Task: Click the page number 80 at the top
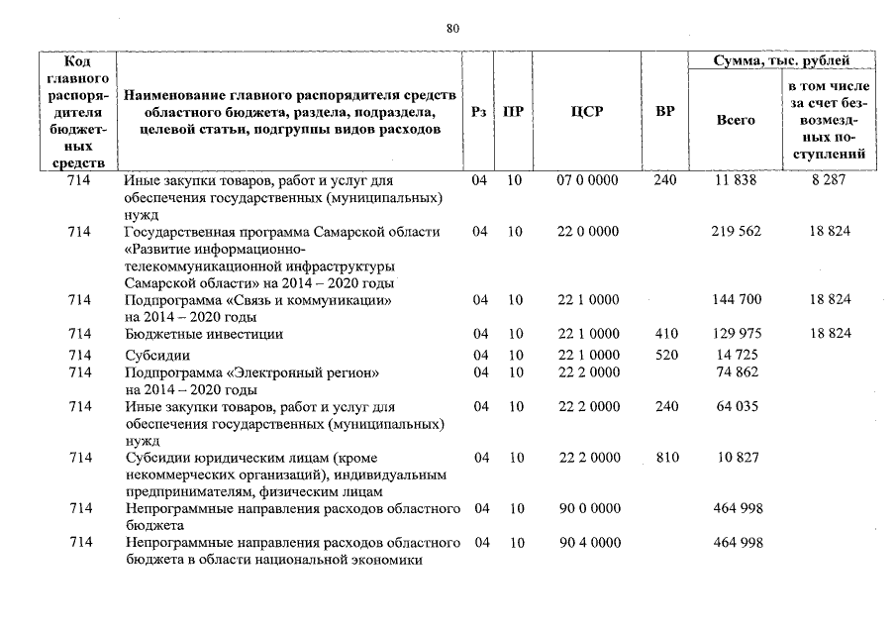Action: (x=452, y=29)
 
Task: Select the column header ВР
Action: (x=665, y=112)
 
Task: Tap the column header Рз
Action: (x=479, y=112)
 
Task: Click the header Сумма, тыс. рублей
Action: (x=782, y=61)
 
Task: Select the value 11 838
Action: (x=734, y=181)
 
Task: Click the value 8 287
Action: (x=830, y=181)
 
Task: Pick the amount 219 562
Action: (x=736, y=232)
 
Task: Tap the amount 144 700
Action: (x=736, y=299)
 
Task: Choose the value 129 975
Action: (x=736, y=334)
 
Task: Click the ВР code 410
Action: (x=665, y=334)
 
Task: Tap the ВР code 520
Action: (x=665, y=355)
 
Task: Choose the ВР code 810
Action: (x=665, y=458)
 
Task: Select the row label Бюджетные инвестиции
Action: (x=204, y=334)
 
